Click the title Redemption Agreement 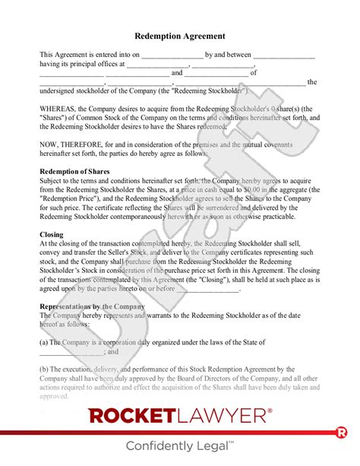(179, 36)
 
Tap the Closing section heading (52, 235)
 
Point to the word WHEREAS (59, 107)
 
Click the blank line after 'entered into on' (172, 55)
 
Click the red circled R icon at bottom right (341, 433)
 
